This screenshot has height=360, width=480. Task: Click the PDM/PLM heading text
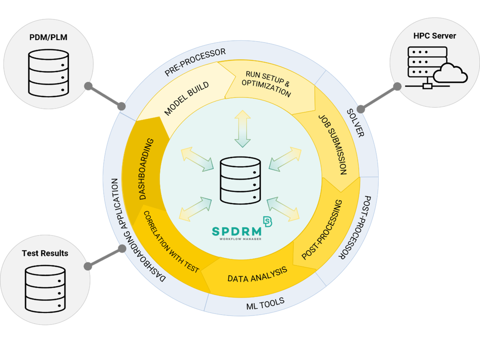[48, 37]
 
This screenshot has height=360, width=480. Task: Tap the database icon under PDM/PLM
[48, 73]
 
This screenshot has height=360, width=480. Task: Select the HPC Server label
[435, 36]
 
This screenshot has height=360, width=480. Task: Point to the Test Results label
[45, 253]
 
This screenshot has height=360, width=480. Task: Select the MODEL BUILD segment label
[186, 99]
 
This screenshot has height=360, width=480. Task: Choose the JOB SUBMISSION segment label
[333, 144]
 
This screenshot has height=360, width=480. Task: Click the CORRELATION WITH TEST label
[171, 242]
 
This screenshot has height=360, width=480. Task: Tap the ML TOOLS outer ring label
[265, 303]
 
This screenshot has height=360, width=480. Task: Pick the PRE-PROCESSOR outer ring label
[195, 62]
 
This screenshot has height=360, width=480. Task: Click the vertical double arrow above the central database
[242, 129]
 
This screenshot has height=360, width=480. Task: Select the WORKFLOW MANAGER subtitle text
[240, 239]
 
